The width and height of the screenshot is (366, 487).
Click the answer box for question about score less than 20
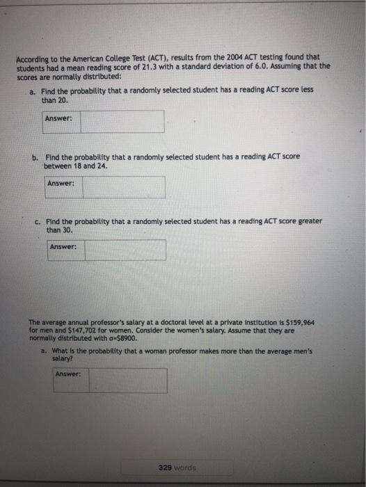pyautogui.click(x=122, y=121)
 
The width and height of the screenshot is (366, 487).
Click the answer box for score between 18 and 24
pyautogui.click(x=124, y=186)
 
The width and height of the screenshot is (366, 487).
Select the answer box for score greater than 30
pyautogui.click(x=126, y=250)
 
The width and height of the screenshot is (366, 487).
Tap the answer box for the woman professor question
pyautogui.click(x=127, y=380)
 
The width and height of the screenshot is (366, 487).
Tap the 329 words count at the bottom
pyautogui.click(x=177, y=468)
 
